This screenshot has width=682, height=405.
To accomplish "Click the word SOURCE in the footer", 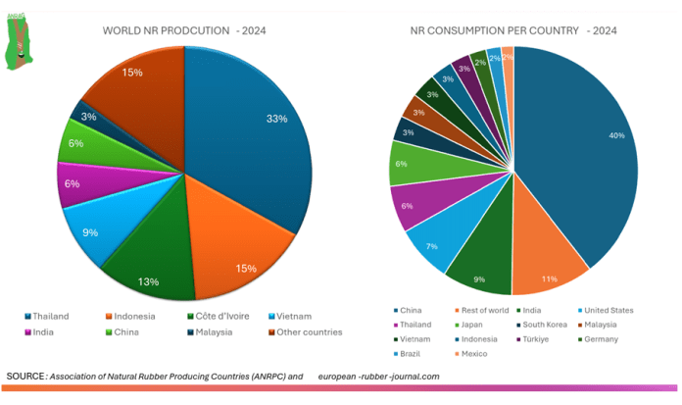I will pyautogui.click(x=25, y=376).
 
